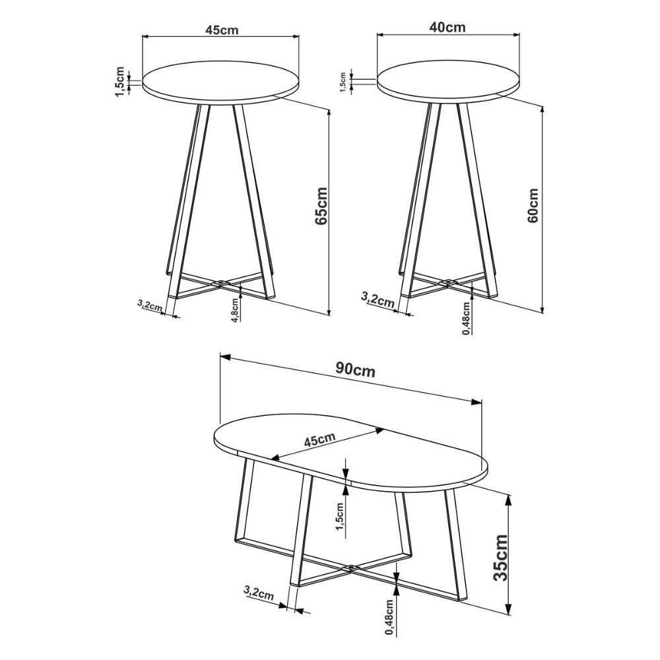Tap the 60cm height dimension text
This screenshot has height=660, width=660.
pos(533,205)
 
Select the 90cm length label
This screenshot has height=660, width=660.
pos(355,370)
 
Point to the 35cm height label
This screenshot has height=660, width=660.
pos(500,558)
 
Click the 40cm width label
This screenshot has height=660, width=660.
pos(447,27)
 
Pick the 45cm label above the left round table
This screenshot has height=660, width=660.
pos(222,30)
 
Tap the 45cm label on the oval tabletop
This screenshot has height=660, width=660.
pos(319,440)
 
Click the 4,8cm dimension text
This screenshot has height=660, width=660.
pos(236,308)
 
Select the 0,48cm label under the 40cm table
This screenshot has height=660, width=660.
pos(467,318)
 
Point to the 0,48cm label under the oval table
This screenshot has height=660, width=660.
pos(390,617)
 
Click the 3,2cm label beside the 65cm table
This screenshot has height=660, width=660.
pos(149,305)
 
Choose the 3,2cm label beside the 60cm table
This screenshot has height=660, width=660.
pos(378,299)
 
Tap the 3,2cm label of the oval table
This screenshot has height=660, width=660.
pos(259,593)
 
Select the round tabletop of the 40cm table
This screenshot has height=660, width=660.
pos(449,79)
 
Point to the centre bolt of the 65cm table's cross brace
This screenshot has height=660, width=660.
pos(220,282)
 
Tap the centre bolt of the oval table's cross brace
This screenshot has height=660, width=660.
pos(350,568)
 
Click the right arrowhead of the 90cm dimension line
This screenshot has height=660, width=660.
pos(477,401)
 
